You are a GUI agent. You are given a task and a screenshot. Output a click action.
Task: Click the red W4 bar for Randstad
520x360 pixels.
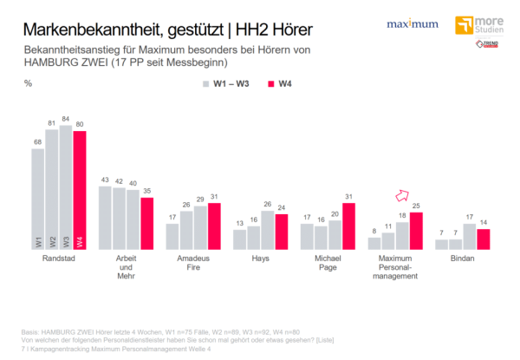80,190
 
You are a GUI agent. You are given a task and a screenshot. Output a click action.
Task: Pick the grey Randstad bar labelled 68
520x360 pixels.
38,199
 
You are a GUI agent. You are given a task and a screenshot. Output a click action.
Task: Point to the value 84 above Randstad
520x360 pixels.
66,120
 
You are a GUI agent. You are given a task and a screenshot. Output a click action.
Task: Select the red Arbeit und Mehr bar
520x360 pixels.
147,224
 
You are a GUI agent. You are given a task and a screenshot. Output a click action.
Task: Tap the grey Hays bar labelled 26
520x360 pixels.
268,230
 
